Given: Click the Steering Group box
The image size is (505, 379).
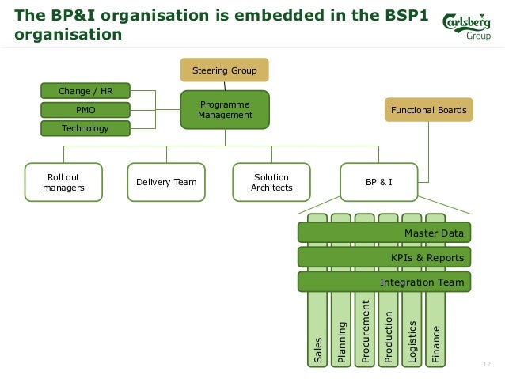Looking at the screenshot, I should [225, 70].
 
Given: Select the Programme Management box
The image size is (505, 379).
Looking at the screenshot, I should [225, 109].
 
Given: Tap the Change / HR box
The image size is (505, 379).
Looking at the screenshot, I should [85, 91].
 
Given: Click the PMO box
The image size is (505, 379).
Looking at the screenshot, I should [85, 109].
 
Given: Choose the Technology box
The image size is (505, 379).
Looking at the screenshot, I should [85, 127].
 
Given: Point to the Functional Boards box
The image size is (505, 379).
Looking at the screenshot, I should [429, 109].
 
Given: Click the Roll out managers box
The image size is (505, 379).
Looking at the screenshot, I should [63, 182].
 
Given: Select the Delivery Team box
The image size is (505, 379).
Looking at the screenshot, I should [166, 182].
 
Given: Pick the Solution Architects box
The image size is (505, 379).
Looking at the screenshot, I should [271, 182].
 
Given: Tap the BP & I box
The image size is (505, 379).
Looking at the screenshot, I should [379, 182].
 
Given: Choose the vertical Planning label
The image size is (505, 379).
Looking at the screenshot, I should [342, 342].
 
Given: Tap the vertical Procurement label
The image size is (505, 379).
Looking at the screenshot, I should [365, 333].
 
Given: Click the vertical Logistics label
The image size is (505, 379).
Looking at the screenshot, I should [412, 341].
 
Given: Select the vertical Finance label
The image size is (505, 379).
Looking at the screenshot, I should [435, 344].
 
